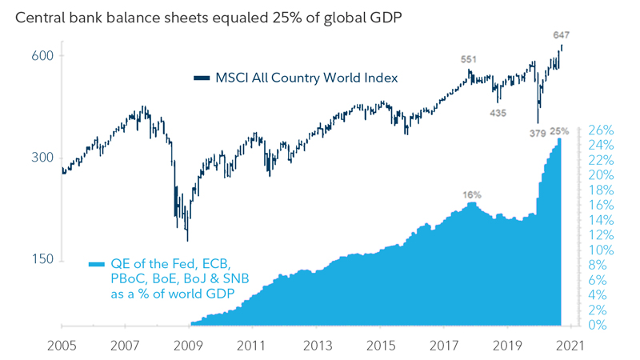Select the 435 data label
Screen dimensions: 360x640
coord(498,114)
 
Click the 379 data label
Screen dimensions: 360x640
coord(538,133)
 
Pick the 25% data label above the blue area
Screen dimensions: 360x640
coord(559,130)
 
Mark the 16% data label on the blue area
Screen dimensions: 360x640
coord(472,194)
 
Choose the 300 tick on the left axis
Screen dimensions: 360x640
coord(42,158)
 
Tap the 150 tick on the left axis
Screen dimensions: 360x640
coord(42,259)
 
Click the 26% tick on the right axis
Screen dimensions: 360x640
coord(601,130)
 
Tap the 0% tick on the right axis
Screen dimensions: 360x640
coord(604,325)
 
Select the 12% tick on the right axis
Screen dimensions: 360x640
coord(601,235)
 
